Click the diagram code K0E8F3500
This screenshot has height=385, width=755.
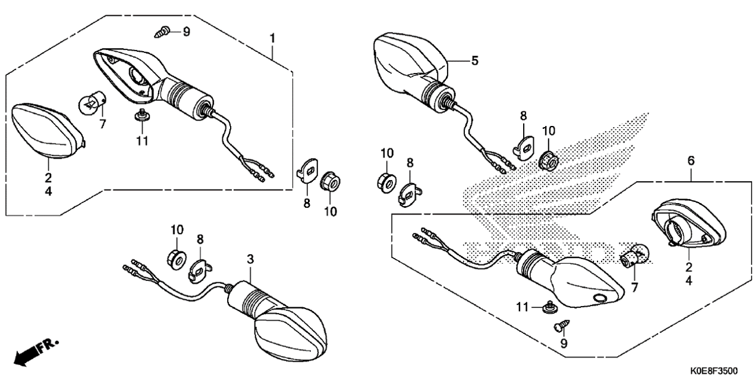click(x=713, y=371)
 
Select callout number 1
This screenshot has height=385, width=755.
click(x=272, y=39)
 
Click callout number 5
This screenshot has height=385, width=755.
click(x=474, y=61)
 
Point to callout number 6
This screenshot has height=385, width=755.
click(x=691, y=160)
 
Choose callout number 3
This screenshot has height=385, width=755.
click(x=250, y=259)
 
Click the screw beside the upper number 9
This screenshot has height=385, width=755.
click(x=163, y=33)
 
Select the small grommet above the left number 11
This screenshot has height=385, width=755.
click(x=142, y=115)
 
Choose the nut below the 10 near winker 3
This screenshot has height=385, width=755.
click(x=176, y=258)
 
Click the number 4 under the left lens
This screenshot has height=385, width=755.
click(x=48, y=192)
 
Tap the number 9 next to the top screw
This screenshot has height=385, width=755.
click(x=187, y=31)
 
